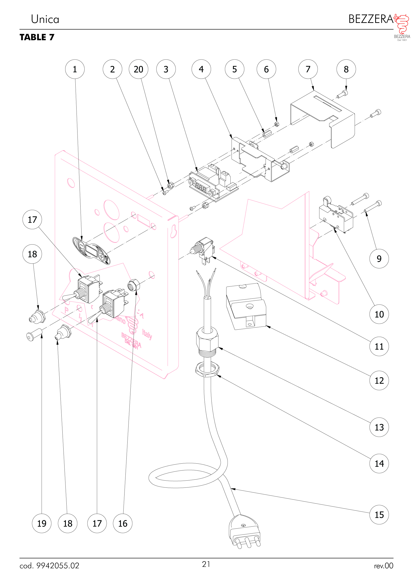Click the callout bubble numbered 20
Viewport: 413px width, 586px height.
click(138, 69)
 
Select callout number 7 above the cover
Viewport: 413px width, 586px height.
click(308, 69)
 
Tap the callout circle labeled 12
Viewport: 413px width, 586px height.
click(379, 380)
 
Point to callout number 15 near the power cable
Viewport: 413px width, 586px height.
click(379, 515)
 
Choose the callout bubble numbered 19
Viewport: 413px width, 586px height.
click(42, 523)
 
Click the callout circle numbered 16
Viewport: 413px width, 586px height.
click(123, 523)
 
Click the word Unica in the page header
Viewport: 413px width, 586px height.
click(45, 19)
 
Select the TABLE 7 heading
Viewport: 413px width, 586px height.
click(37, 37)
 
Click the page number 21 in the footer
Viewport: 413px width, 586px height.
click(206, 564)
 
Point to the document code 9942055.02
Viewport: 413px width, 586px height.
click(57, 566)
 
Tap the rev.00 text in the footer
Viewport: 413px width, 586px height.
click(383, 566)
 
